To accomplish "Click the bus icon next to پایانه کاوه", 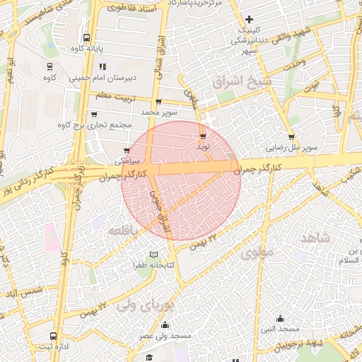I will click(86, 38).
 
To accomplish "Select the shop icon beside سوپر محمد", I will click(158, 102).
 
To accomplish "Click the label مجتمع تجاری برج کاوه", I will click(97, 126).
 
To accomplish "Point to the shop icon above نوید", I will click(204, 135).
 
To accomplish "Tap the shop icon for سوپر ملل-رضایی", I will click(291, 137).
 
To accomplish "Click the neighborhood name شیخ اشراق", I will click(247, 82).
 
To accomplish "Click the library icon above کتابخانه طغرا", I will click(154, 255).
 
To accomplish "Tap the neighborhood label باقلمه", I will click(125, 230).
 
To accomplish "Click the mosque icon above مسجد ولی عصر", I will click(165, 325).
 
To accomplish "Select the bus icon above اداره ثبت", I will click(54, 336).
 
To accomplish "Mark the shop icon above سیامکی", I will click(127, 151).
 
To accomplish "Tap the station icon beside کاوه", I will click(49, 66).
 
